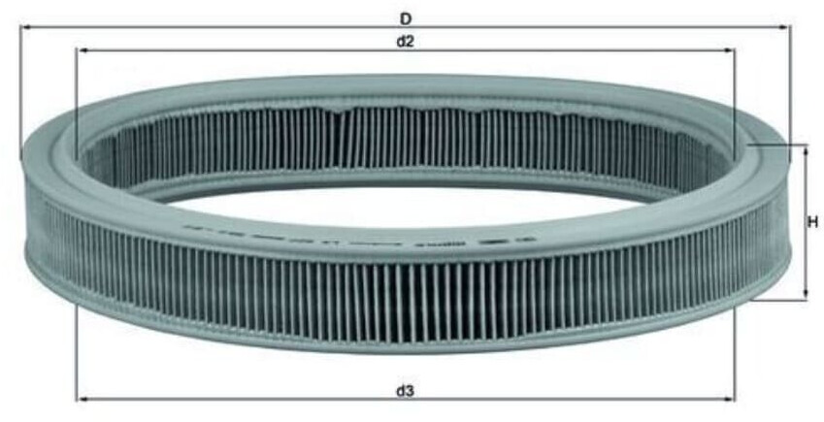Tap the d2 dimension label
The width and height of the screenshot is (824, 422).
405,40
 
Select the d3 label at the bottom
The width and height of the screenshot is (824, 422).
405,391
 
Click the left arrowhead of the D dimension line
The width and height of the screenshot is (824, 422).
24,27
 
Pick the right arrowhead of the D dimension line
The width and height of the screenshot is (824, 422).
785,27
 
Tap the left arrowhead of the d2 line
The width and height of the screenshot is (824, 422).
81,49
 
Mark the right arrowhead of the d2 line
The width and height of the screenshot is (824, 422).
730,49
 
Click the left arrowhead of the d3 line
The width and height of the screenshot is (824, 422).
81,398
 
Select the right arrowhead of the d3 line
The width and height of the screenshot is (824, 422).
730,398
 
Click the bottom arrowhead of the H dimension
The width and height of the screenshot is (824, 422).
805,295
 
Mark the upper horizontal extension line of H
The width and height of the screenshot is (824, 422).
776,145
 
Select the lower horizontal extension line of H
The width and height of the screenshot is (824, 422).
776,300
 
